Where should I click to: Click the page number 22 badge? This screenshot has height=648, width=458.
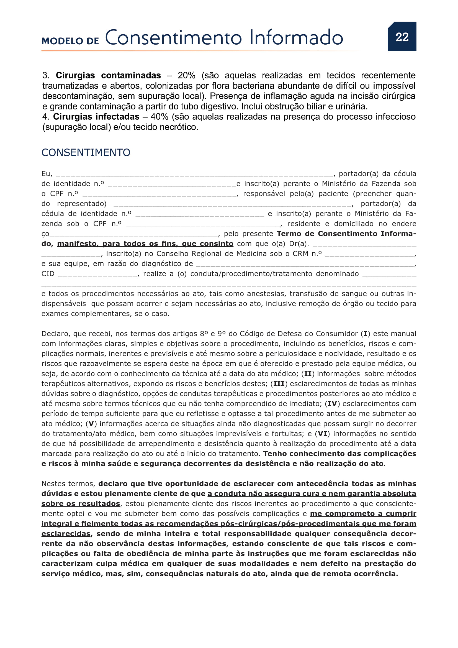(x=402, y=37)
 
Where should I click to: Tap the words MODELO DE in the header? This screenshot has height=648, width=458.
(x=70, y=41)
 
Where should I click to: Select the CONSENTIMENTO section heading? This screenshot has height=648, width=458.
(x=86, y=152)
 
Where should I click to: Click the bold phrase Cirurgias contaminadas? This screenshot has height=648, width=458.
(x=108, y=75)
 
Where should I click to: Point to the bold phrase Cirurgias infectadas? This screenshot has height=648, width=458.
(x=96, y=117)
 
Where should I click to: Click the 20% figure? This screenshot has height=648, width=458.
(x=186, y=75)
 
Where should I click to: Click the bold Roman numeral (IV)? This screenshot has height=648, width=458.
(x=332, y=404)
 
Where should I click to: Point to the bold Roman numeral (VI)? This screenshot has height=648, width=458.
(x=322, y=434)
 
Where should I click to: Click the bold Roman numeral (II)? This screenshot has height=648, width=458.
(x=308, y=374)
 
